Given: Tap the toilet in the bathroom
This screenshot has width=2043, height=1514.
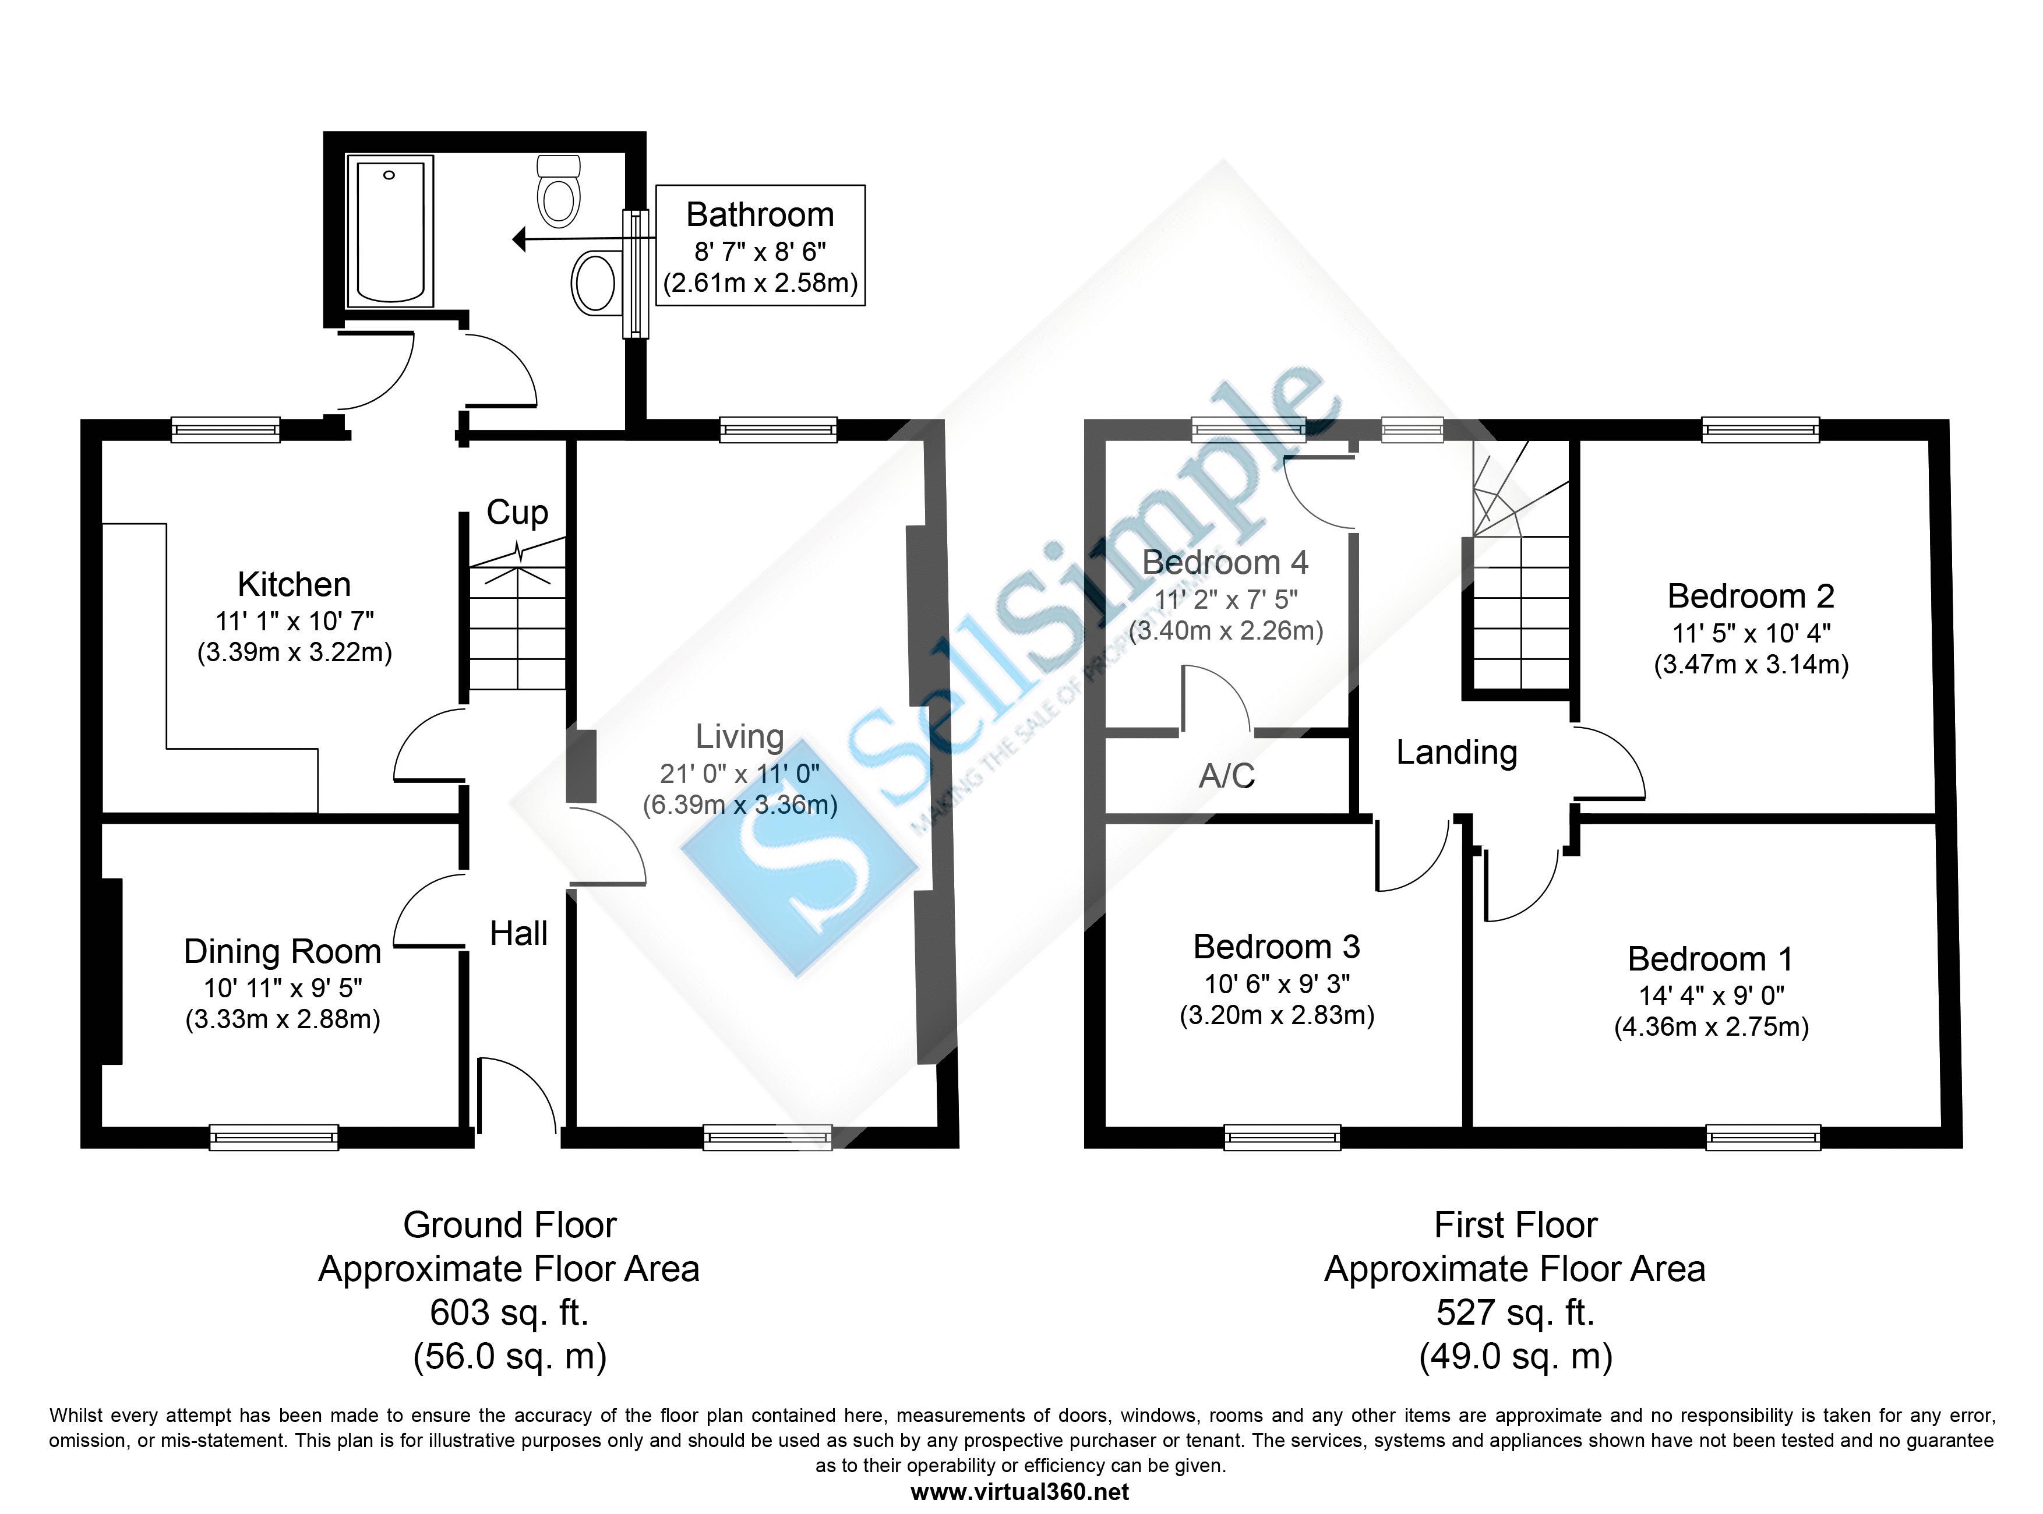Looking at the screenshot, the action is point(558,192).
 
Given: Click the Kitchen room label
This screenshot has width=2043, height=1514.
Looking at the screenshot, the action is point(294,584).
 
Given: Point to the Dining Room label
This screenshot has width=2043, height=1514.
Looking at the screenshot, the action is point(283,951).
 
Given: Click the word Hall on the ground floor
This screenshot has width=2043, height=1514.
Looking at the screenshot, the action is point(519,934).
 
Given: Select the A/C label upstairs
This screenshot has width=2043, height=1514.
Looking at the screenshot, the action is point(1226,777).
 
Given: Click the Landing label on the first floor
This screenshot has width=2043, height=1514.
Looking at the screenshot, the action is point(1456,753).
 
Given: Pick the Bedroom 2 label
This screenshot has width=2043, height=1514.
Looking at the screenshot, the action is point(1751,597).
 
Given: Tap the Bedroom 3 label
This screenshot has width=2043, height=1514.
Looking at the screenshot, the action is point(1277,946).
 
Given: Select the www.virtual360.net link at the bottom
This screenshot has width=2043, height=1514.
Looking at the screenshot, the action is point(1020,1492).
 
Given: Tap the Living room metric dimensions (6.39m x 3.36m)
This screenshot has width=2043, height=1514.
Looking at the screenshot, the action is point(740,804).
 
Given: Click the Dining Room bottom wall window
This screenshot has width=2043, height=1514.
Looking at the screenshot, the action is point(273,1137).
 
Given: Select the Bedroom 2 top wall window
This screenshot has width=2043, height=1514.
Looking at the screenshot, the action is point(1760,430).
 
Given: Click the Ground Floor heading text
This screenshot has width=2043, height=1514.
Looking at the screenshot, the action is point(510,1225).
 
